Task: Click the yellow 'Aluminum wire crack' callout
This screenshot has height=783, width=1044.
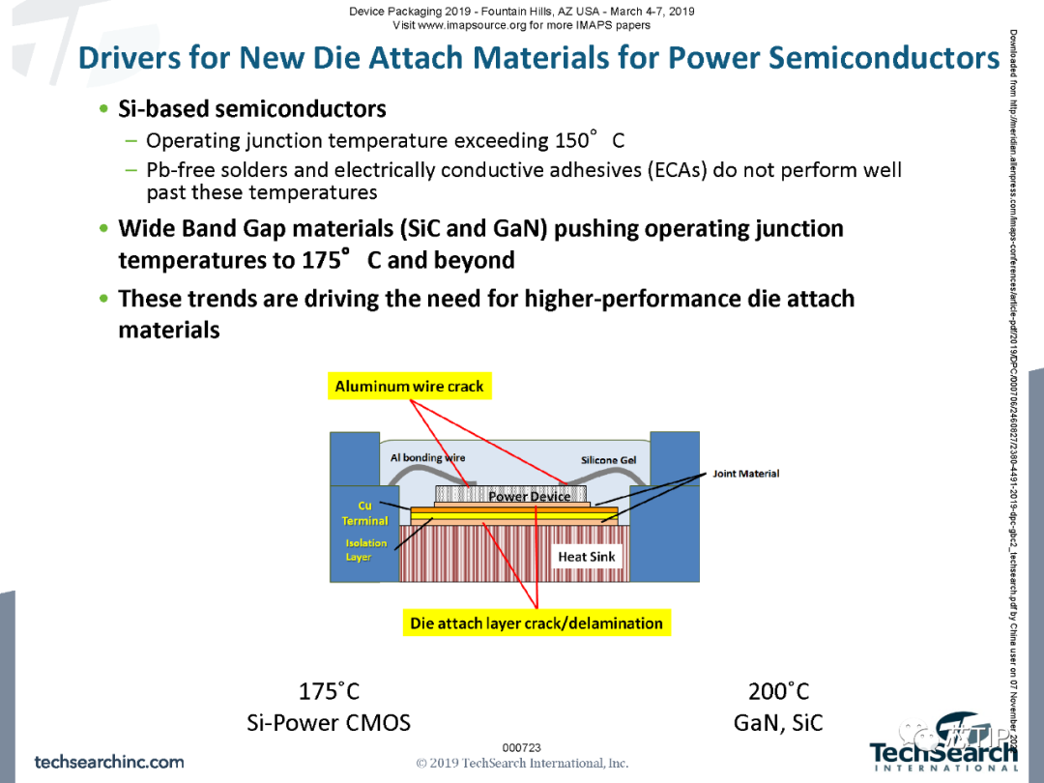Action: point(409,387)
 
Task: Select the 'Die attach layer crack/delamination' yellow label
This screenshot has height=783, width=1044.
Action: point(536,623)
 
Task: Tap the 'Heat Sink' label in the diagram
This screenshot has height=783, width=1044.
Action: point(586,557)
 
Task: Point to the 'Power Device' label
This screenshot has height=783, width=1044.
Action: point(529,497)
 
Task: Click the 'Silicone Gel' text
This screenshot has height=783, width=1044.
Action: point(609,460)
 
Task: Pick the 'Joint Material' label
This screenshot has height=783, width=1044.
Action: point(745,474)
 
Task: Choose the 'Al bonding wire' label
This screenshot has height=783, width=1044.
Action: point(427,457)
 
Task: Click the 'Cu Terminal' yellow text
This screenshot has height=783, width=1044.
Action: point(364,513)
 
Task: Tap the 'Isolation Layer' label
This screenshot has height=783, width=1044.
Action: point(365,550)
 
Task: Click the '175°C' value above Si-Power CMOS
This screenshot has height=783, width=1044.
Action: point(329,692)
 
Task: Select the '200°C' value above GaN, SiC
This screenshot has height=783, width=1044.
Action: point(778,692)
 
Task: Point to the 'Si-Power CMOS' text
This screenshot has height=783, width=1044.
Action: point(329,723)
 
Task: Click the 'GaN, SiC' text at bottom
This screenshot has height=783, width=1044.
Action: point(778,723)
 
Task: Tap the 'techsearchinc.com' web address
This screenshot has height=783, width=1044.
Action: point(109,762)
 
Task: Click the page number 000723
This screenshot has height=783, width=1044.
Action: point(522,747)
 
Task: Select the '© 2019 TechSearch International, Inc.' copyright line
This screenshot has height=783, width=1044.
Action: point(522,763)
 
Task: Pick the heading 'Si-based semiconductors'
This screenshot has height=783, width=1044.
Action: point(251,109)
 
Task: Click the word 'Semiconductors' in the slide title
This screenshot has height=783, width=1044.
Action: point(884,58)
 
